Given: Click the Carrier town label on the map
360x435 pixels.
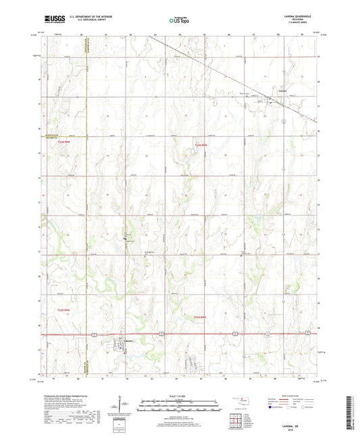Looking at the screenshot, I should [x=284, y=91].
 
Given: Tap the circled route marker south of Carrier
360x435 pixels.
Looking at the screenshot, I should [x=286, y=121].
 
